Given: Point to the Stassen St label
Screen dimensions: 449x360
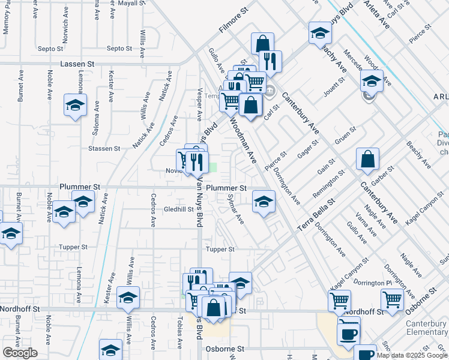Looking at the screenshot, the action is pyautogui.click(x=104, y=148).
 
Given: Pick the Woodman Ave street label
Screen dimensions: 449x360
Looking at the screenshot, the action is pyautogui.click(x=242, y=140).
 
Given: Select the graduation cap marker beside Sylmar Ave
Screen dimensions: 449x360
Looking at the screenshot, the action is pyautogui.click(x=264, y=202).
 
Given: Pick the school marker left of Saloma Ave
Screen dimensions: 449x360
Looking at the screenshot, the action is pyautogui.click(x=76, y=105).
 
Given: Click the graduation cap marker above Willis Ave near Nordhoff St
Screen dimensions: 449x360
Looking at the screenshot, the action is pyautogui.click(x=128, y=298).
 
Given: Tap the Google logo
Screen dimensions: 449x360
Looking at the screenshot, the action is pyautogui.click(x=20, y=353).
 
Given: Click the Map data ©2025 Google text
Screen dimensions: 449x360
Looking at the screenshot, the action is pyautogui.click(x=412, y=355).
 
